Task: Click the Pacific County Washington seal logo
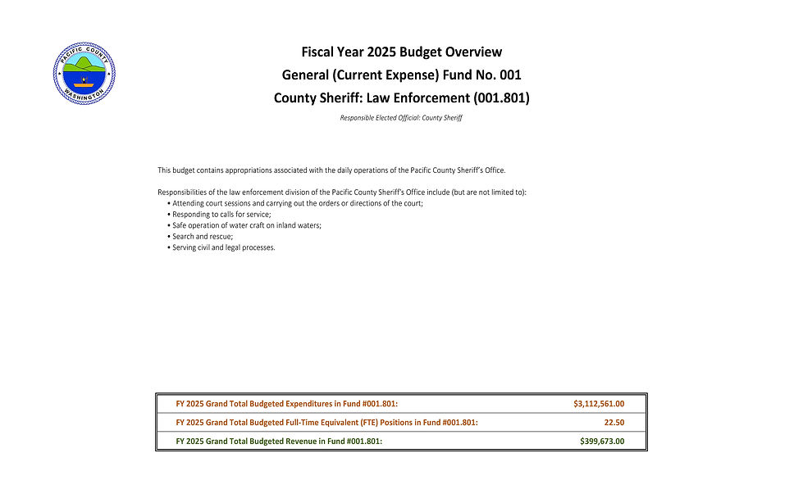tap(84, 73)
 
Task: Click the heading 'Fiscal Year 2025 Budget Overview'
tap(401, 52)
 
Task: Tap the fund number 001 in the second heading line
tap(510, 75)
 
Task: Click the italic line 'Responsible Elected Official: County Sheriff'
tap(401, 118)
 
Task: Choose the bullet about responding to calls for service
tap(221, 214)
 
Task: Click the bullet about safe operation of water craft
tap(246, 225)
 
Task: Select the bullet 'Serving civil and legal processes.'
tap(223, 247)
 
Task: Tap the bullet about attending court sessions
tap(297, 203)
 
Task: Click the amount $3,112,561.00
tap(599, 404)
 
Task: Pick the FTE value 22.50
tap(614, 423)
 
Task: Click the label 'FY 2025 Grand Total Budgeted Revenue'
tap(279, 442)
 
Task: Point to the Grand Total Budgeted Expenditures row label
tap(287, 404)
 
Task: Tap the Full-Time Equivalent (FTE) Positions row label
tap(326, 423)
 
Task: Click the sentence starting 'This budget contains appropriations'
tap(331, 170)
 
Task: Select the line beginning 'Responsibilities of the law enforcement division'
tap(342, 193)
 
